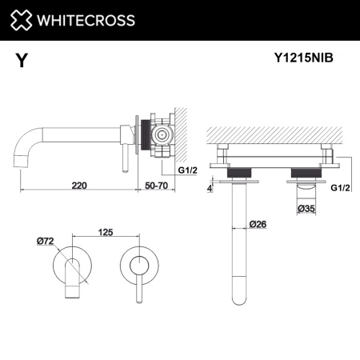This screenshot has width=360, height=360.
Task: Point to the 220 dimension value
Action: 79,185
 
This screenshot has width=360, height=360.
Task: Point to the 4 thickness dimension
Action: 210,189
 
